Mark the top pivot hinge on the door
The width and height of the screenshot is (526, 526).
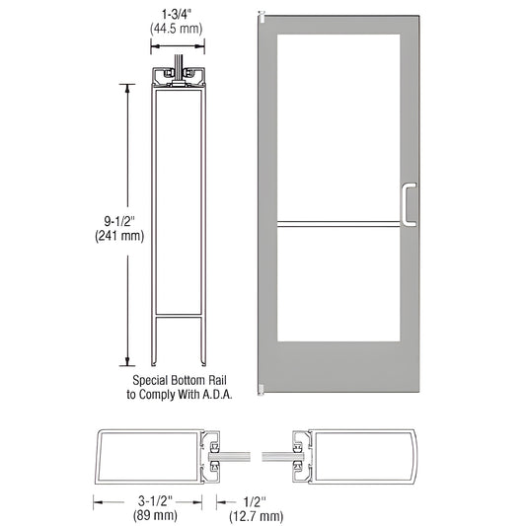[261, 18]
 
